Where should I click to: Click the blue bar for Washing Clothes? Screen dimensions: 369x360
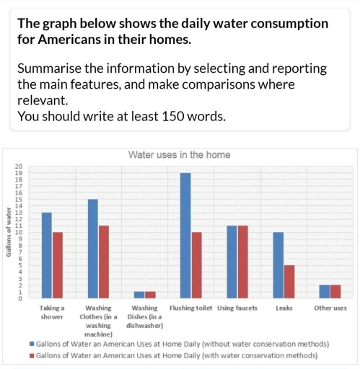pos(92,249)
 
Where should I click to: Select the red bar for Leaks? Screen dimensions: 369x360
pos(289,282)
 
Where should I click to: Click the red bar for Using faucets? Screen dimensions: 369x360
pos(243,262)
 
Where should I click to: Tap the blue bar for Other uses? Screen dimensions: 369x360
pos(325,292)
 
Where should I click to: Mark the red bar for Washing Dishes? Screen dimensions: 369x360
pos(150,295)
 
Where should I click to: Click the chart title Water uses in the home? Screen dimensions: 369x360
pos(179,155)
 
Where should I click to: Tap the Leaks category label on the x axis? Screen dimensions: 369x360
pos(284,308)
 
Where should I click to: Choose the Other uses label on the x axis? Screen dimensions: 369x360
pos(330,308)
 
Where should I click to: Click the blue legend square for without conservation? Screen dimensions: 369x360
pos(32,344)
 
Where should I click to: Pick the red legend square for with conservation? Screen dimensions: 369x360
pos(32,355)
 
